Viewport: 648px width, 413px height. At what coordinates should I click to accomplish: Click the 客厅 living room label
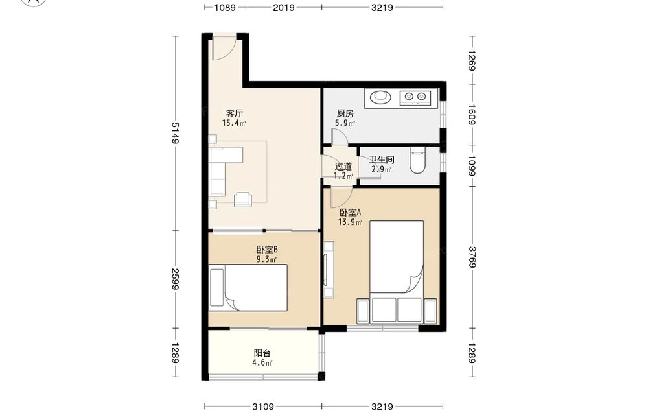pos(235,113)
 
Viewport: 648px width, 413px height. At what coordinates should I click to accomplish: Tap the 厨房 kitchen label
pos(345,113)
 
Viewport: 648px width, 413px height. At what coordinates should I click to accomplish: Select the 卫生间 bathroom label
pos(382,159)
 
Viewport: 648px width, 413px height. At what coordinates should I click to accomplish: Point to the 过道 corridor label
pos(343,166)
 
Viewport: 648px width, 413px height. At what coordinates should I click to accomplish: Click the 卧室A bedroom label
pos(351,213)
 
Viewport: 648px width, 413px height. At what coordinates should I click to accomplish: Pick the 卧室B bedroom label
pos(266,250)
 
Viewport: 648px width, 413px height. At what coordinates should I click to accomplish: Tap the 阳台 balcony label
pos(262,353)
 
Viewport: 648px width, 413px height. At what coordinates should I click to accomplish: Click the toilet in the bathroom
pos(417,161)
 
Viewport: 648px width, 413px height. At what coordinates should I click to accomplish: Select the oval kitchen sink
pos(380,97)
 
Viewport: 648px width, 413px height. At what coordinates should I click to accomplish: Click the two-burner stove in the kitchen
pos(415,97)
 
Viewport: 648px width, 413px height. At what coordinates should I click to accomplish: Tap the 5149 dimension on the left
pos(175,133)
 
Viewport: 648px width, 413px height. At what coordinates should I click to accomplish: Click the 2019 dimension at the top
pos(284,7)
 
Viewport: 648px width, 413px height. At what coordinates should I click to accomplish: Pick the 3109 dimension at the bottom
pos(263,407)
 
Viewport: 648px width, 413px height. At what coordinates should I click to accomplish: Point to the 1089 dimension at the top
pos(225,7)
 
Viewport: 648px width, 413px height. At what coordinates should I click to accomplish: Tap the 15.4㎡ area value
pos(235,123)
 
